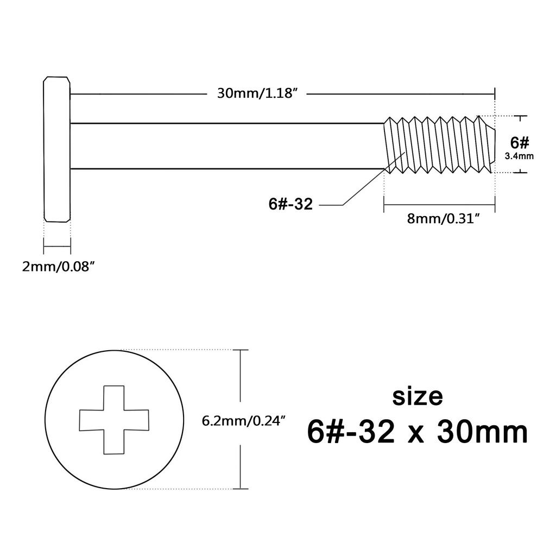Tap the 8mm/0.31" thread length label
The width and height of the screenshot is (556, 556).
[439, 219]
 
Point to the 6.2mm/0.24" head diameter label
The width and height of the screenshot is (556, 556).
[244, 421]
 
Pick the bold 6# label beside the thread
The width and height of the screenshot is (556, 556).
[520, 143]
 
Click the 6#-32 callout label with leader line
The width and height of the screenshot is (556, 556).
[290, 205]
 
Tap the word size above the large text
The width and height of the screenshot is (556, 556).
[417, 396]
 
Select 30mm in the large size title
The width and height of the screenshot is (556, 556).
[483, 433]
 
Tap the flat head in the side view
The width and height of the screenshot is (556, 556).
[56, 149]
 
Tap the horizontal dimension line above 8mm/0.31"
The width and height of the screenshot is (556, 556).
[439, 205]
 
